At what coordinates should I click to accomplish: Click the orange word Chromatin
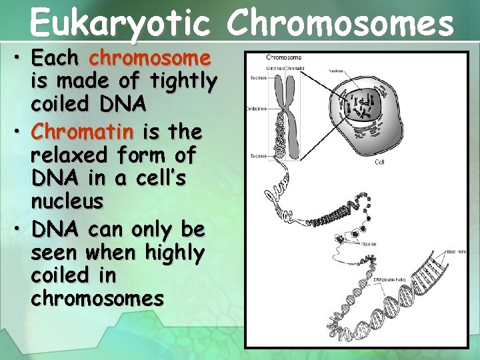81,133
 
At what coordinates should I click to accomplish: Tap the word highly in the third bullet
172,253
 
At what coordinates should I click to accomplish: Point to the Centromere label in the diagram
257,108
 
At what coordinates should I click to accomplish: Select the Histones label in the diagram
369,244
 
